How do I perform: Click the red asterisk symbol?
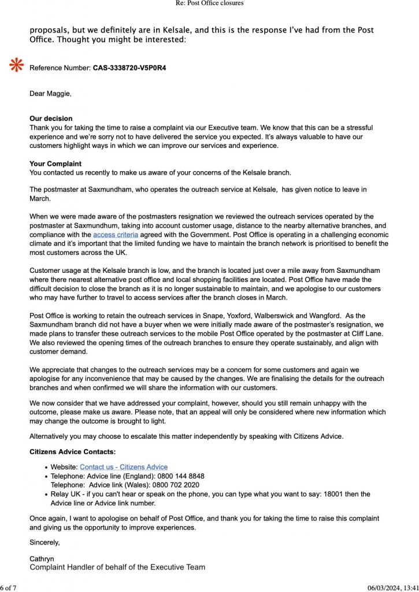(16, 66)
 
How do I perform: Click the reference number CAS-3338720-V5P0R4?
(129, 68)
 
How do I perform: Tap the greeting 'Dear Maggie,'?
(50, 93)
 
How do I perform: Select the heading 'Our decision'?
(51, 119)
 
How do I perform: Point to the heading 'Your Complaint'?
(55, 164)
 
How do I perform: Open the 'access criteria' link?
(116, 235)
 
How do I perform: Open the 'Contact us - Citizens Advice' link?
(124, 467)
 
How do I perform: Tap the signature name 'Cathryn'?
(42, 560)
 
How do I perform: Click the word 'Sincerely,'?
(45, 542)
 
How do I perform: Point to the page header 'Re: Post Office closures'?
(209, 3)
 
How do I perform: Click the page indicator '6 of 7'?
(10, 588)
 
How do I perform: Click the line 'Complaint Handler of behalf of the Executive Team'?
(117, 567)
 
